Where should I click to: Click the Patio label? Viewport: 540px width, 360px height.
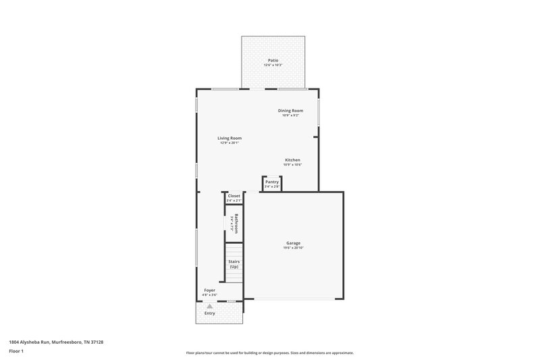273,60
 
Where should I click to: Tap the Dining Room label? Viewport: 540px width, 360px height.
290,111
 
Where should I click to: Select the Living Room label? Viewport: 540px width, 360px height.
230,138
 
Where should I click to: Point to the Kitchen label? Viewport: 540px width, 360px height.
292,160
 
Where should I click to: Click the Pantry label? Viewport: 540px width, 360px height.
272,182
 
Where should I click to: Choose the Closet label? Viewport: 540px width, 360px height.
234,196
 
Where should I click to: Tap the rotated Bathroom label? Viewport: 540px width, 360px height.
236,224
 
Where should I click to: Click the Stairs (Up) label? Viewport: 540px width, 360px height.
234,264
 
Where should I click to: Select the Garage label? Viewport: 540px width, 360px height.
293,243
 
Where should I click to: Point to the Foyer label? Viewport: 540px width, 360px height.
210,290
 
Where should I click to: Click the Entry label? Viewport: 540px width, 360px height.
210,313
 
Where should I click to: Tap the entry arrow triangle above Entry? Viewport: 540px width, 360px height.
210,306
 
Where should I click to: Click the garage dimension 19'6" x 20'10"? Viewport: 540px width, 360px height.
293,248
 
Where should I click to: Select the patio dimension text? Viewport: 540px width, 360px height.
273,65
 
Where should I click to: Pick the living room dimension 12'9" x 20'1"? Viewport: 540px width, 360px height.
230,143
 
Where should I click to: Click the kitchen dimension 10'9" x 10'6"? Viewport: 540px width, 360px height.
292,165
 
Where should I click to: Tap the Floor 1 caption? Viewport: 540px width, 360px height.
17,351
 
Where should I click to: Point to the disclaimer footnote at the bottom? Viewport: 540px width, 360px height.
270,353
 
